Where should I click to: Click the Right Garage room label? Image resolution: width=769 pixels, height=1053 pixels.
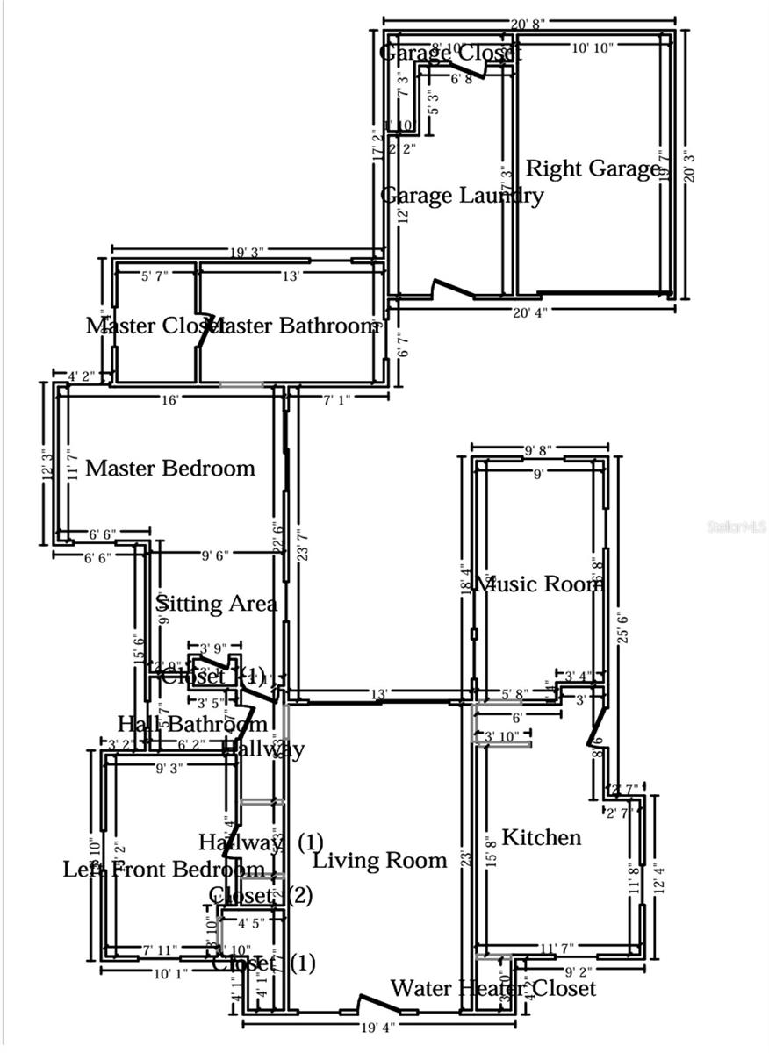pyautogui.click(x=593, y=168)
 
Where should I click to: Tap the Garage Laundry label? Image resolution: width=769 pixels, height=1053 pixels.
pyautogui.click(x=462, y=195)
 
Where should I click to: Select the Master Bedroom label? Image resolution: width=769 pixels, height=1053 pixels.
pyautogui.click(x=170, y=468)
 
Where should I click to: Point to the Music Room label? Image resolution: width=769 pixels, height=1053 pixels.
pyautogui.click(x=538, y=584)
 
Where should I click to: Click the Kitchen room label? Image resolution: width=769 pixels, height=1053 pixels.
pyautogui.click(x=541, y=837)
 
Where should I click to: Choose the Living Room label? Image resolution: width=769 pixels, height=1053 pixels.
pyautogui.click(x=380, y=860)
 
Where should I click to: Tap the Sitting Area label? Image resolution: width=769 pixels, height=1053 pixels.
pyautogui.click(x=217, y=604)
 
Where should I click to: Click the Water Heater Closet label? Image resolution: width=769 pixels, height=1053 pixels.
pyautogui.click(x=492, y=989)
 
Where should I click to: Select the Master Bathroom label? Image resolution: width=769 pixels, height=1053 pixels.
pyautogui.click(x=294, y=326)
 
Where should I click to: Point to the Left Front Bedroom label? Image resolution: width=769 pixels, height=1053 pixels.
pyautogui.click(x=163, y=870)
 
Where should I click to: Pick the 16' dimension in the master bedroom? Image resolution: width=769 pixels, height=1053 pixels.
pyautogui.click(x=170, y=400)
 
